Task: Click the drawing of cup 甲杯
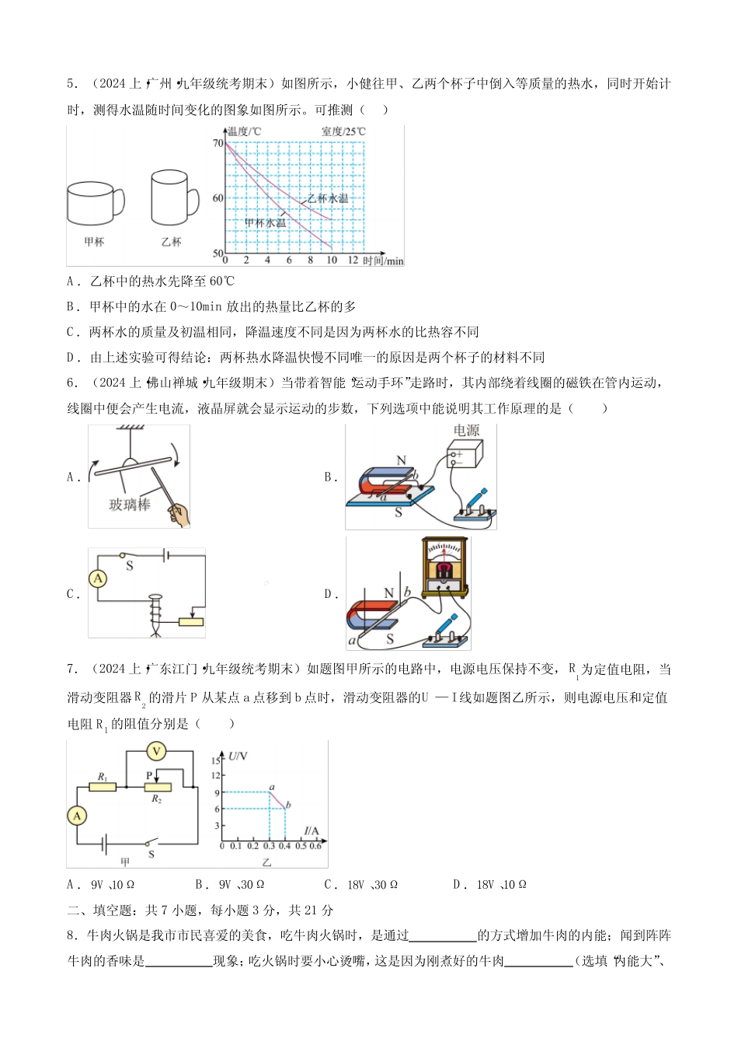tap(94, 204)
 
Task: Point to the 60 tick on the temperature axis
tap(218, 198)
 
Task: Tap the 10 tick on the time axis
tap(332, 260)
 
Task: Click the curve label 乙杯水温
tap(327, 198)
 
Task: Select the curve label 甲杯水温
tap(265, 223)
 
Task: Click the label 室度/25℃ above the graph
tap(343, 131)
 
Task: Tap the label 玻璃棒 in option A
tap(129, 505)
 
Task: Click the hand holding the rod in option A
tap(179, 514)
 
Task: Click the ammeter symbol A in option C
tap(98, 578)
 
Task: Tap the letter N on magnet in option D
tap(389, 593)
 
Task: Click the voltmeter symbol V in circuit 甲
tap(157, 751)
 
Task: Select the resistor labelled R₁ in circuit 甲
tap(103, 787)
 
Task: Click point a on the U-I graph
tap(270, 792)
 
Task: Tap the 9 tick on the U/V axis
tap(217, 792)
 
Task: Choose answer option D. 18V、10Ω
tap(490, 885)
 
